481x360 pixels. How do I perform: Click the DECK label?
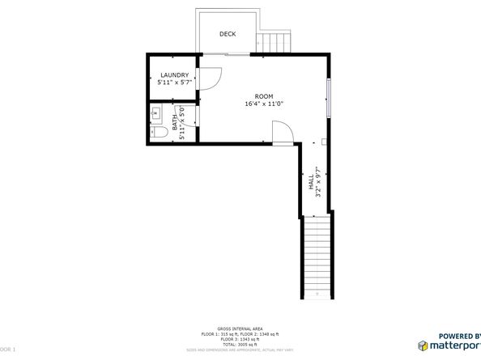(x=228, y=34)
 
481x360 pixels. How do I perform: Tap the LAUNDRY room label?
(x=174, y=75)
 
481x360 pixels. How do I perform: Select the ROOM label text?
(x=264, y=95)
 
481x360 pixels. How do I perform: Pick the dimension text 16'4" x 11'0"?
(x=264, y=104)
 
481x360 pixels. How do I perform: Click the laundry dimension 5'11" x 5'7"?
(x=174, y=83)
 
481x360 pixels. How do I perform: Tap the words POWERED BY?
(x=459, y=335)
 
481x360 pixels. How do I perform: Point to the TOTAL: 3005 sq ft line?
(x=240, y=344)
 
